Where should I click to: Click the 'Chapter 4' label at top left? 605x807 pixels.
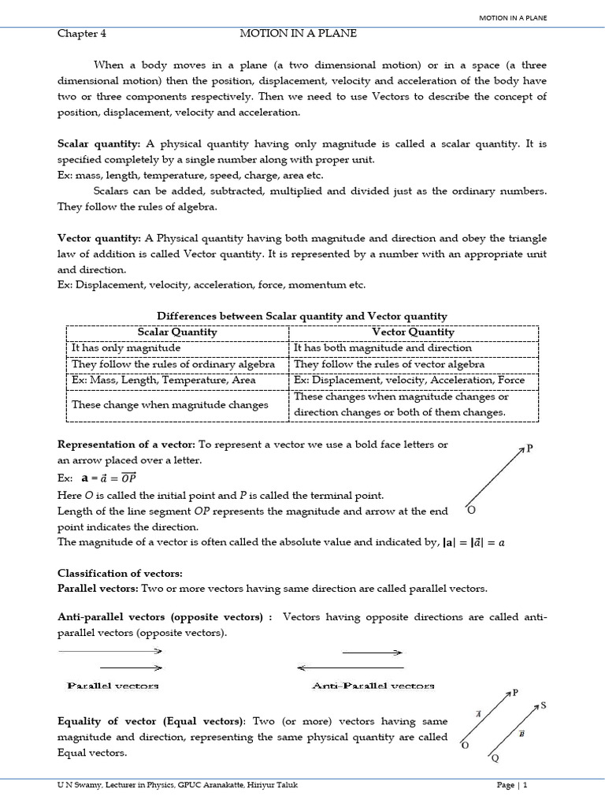tap(81, 34)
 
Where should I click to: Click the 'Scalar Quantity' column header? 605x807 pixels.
tap(177, 333)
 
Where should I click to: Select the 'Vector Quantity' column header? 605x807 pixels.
tap(413, 333)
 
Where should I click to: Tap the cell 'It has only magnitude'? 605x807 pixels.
tap(126, 348)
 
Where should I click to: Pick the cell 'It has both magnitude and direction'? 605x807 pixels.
tap(383, 348)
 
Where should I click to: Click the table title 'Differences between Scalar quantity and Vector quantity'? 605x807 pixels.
tap(302, 316)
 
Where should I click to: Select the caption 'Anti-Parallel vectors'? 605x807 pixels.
tap(373, 686)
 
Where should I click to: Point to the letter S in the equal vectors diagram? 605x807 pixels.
tap(544, 706)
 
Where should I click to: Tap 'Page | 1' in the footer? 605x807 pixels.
tap(512, 785)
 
